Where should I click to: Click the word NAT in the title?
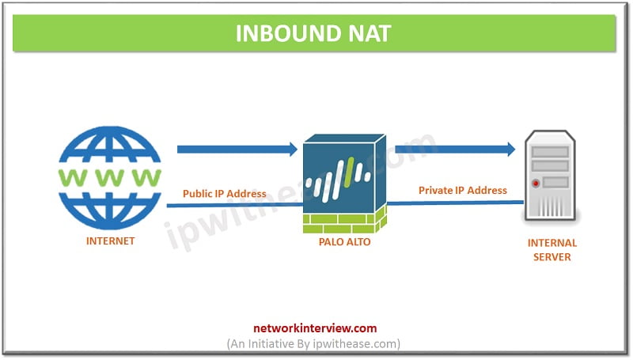tap(370, 33)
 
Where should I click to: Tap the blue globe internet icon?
tap(110, 178)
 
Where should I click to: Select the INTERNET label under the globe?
tap(110, 241)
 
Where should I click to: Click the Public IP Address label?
tap(225, 194)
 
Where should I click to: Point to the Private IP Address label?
tap(463, 190)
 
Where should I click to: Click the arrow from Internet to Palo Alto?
tap(237, 150)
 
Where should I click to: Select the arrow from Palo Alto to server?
tap(455, 150)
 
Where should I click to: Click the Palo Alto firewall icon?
tap(345, 184)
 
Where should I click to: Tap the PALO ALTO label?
tap(344, 242)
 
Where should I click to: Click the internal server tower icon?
tap(550, 175)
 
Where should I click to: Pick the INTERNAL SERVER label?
tap(552, 250)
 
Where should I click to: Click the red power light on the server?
tap(536, 184)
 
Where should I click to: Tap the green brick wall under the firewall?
tap(345, 222)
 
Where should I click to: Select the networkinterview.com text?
tap(315, 328)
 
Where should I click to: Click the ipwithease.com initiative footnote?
tap(313, 344)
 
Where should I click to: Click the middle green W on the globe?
tap(110, 177)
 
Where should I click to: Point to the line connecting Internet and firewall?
tap(235, 205)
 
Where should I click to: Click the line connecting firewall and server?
tap(456, 203)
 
